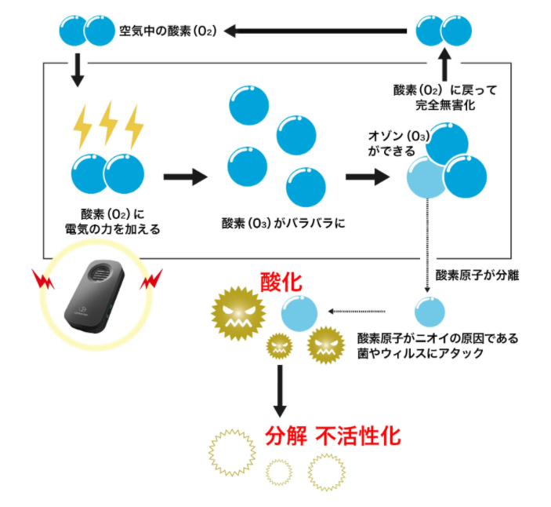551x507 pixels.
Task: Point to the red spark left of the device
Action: point(41,277)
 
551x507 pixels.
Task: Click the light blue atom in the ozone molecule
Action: point(426,178)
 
